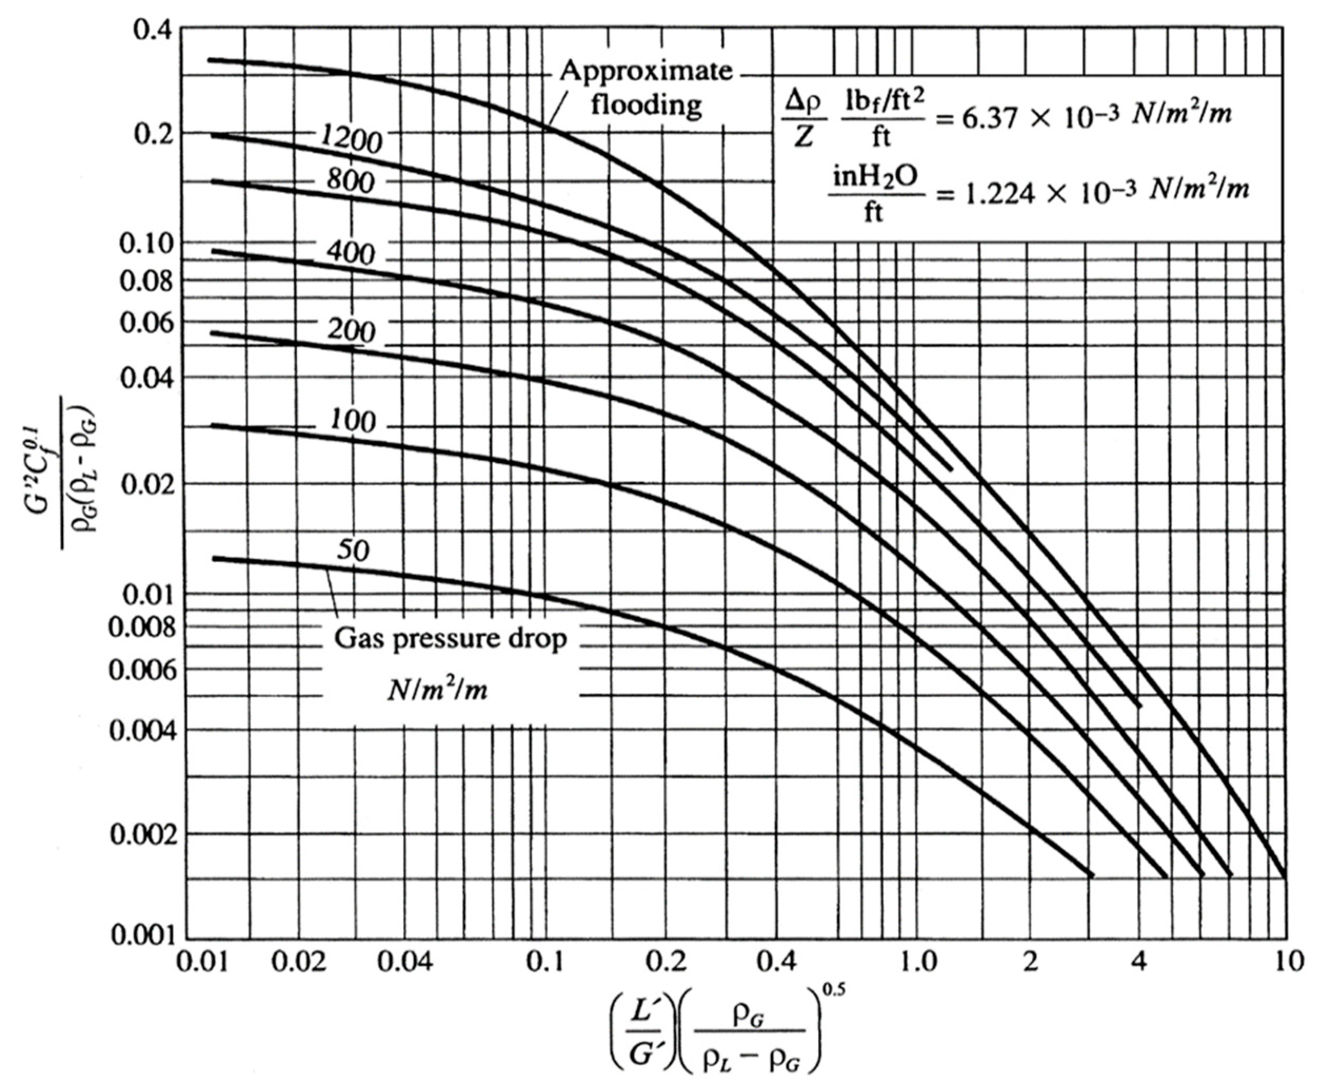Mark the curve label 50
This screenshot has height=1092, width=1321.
click(x=353, y=550)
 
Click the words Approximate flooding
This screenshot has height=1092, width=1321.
click(x=646, y=87)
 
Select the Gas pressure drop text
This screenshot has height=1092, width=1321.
click(x=451, y=639)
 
